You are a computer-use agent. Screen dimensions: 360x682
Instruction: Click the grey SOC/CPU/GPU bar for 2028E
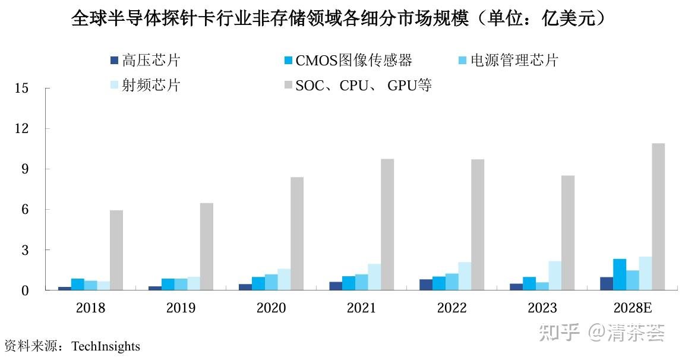click(x=658, y=217)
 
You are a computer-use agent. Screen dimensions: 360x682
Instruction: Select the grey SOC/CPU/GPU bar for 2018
click(x=116, y=250)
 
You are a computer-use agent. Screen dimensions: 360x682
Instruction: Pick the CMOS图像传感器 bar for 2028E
click(x=619, y=274)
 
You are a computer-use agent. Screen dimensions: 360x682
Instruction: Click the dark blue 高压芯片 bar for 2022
click(x=426, y=285)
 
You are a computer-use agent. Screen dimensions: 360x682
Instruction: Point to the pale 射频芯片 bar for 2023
click(x=555, y=276)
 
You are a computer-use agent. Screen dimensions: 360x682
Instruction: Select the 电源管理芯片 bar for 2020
click(x=271, y=282)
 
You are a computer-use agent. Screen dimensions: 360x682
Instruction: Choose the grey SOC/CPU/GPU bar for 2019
click(x=207, y=247)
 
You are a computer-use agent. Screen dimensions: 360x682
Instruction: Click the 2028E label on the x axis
click(x=633, y=308)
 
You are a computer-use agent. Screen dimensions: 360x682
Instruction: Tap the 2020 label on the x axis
click(x=271, y=308)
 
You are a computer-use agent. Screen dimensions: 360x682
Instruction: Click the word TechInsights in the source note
click(x=106, y=346)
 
